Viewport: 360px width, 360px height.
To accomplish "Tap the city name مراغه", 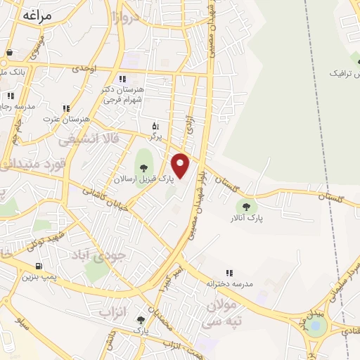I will pyautogui.click(x=39, y=15).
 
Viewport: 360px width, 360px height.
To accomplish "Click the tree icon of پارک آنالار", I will pyautogui.click(x=246, y=206).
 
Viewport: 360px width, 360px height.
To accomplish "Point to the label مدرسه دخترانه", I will pyautogui.click(x=230, y=283).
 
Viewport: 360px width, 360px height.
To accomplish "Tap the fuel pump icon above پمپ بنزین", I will pyautogui.click(x=38, y=266).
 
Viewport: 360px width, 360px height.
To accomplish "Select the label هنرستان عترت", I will pyautogui.click(x=66, y=120).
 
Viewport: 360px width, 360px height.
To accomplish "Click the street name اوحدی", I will pyautogui.click(x=84, y=67).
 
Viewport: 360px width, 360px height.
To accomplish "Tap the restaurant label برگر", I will pyautogui.click(x=156, y=134).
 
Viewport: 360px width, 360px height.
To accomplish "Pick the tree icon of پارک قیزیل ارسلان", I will pyautogui.click(x=144, y=167).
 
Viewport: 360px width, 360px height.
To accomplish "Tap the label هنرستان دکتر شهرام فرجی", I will pyautogui.click(x=124, y=95).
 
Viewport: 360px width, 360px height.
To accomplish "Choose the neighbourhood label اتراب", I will pyautogui.click(x=112, y=310).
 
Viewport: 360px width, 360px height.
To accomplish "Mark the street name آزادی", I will pyautogui.click(x=188, y=125).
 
